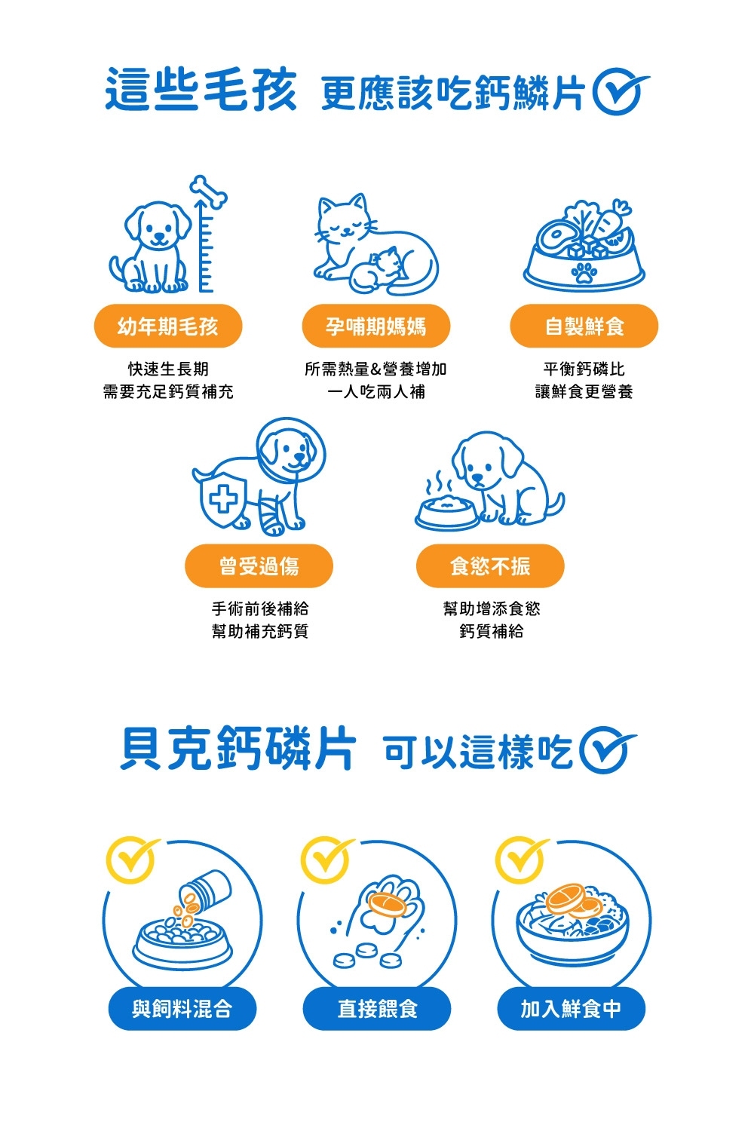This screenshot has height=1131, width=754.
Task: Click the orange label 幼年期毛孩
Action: (167, 326)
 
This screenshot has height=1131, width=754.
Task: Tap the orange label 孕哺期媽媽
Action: (375, 326)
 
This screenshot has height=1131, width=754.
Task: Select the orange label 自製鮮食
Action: (584, 326)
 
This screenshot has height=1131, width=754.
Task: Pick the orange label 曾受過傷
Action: (259, 565)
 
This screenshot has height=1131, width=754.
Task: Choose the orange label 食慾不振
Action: (490, 565)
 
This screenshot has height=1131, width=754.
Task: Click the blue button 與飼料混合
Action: (182, 1009)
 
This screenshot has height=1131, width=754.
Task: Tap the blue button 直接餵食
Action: (377, 1009)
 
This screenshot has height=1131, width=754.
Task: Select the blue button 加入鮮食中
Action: (572, 1009)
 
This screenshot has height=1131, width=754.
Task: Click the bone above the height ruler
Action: (208, 192)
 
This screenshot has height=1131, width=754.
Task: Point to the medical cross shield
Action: (222, 501)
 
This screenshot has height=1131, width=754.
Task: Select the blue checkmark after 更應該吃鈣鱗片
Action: (618, 92)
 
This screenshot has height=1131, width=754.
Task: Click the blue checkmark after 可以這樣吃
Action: (606, 749)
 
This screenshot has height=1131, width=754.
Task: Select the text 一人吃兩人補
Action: (375, 391)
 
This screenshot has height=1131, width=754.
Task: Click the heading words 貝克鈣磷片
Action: (238, 749)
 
